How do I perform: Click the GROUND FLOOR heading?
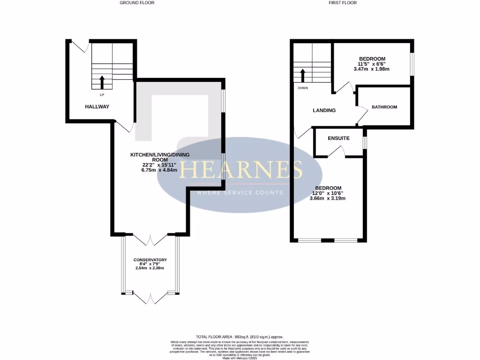click(x=137, y=3)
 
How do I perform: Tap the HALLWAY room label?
click(x=97, y=107)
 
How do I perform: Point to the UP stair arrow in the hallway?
click(x=102, y=82)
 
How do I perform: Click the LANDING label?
click(x=324, y=111)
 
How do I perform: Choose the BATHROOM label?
click(x=384, y=107)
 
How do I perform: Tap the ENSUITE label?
click(x=338, y=138)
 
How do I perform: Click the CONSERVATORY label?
click(x=150, y=260)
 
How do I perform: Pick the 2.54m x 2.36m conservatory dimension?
click(x=150, y=268)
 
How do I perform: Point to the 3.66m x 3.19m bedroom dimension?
click(x=328, y=198)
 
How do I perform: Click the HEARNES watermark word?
click(x=241, y=170)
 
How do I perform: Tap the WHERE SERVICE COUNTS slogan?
click(x=240, y=193)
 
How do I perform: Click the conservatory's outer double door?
click(x=150, y=297)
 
